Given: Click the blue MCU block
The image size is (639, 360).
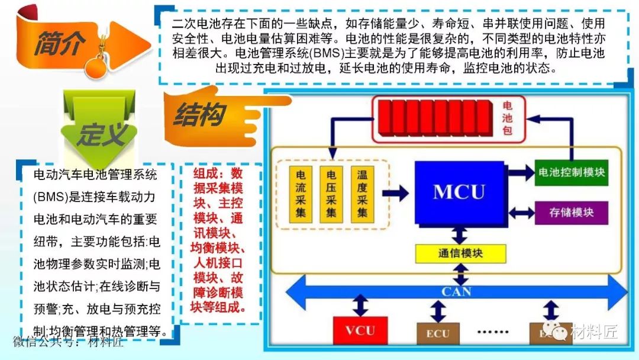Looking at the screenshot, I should click(459, 192).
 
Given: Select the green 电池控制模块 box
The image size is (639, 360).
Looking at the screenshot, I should click(571, 172).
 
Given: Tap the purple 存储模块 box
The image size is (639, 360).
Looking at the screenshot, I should click(571, 212).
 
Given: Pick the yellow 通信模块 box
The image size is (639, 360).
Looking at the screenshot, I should click(461, 253).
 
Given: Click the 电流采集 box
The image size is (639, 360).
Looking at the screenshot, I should click(301, 194).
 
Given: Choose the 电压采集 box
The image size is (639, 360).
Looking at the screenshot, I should click(331, 194).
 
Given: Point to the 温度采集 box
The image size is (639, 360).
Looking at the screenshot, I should click(362, 194).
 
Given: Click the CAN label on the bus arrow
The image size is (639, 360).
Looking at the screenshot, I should click(456, 291).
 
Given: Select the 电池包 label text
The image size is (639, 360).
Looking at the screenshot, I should click(507, 118).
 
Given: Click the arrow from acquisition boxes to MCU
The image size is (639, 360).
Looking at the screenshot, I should click(396, 192).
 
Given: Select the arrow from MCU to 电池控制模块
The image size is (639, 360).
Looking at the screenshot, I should click(521, 173).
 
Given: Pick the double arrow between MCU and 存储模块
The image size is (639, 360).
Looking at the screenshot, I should click(521, 211).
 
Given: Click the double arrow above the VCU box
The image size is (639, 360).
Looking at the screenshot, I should click(360, 307).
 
